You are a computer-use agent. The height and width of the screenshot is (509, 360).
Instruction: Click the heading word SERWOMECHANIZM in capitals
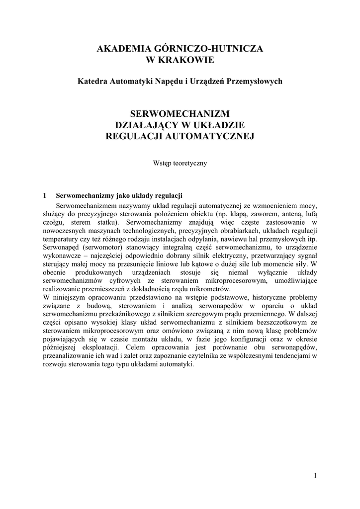[180, 114]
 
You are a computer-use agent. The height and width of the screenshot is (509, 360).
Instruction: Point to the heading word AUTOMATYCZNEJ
[214, 136]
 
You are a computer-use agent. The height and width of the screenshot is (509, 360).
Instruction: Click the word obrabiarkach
[227, 231]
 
